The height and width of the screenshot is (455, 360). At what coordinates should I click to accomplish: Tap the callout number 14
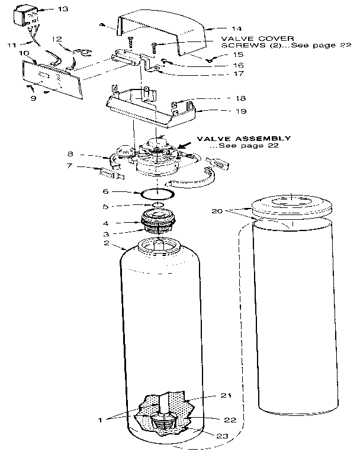point(220,28)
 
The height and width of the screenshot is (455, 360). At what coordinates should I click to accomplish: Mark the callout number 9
point(33,98)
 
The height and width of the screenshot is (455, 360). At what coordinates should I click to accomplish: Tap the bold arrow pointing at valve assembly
point(184,142)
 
